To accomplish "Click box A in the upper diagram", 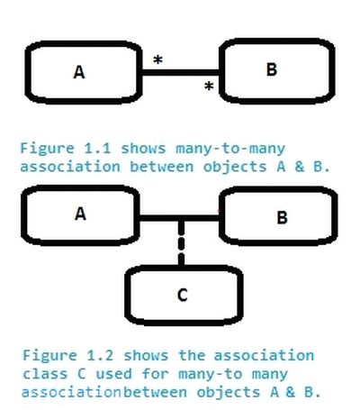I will coord(80,72).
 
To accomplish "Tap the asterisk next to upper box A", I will coord(157,60).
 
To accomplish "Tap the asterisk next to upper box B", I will coord(209,87).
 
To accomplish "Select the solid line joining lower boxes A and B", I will coord(180,217).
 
